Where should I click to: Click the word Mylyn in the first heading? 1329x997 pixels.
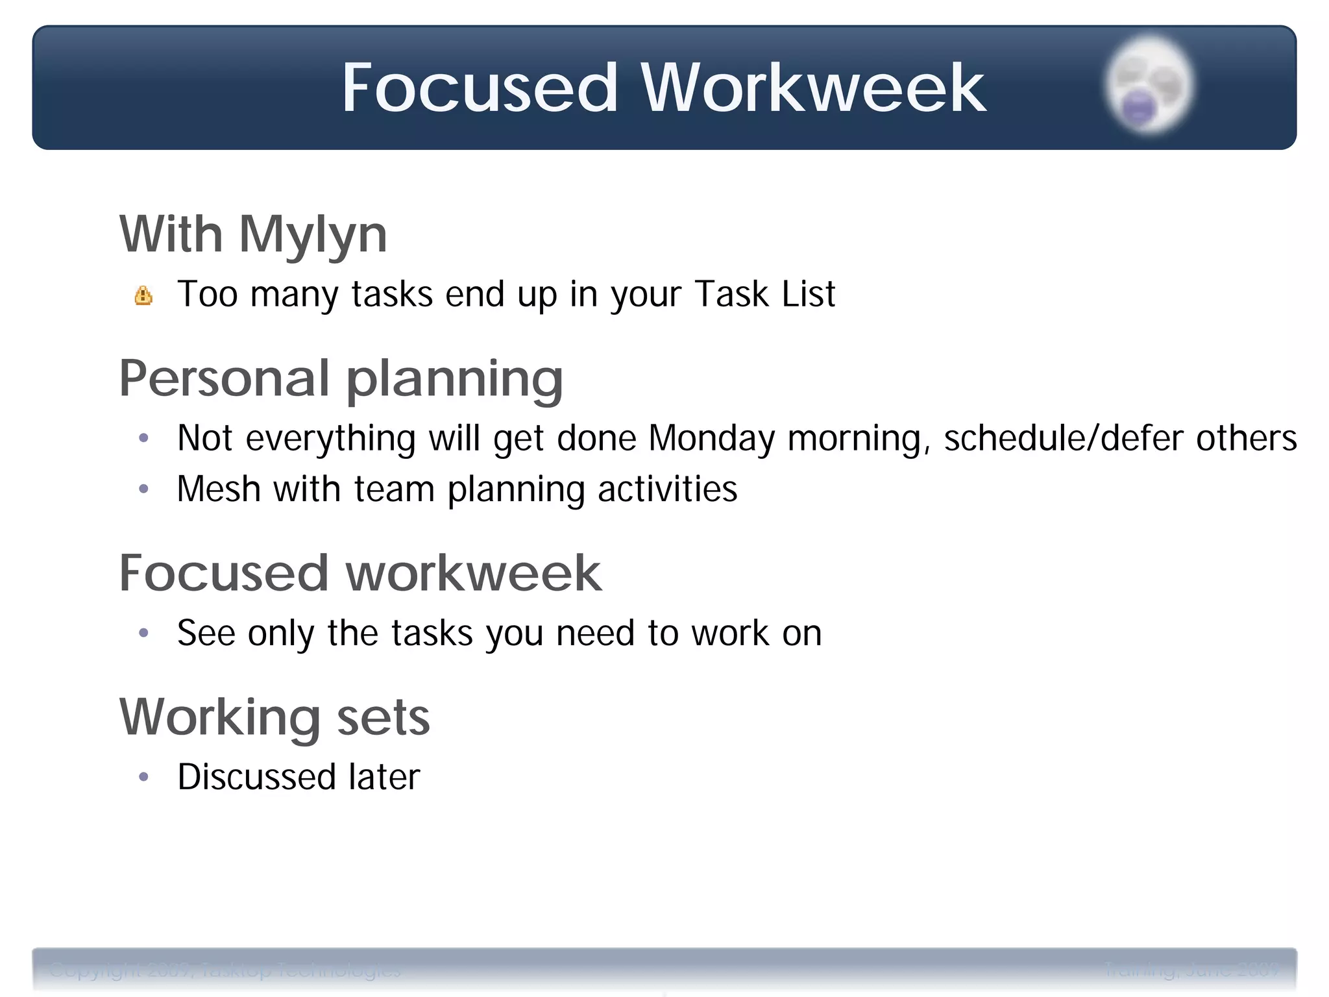click(313, 235)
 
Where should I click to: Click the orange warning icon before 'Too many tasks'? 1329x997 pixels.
click(143, 296)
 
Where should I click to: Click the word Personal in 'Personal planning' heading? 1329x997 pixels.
click(225, 378)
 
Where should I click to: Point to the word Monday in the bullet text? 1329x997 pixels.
click(711, 438)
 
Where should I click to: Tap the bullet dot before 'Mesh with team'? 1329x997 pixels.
click(144, 489)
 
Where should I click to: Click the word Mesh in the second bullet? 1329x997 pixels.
click(218, 489)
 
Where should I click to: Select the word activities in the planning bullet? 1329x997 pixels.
click(667, 489)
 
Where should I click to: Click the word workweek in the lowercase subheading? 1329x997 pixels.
click(474, 573)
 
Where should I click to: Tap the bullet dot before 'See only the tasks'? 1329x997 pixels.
click(144, 633)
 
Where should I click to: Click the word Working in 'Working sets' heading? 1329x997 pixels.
click(220, 717)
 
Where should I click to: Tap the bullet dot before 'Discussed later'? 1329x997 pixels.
click(144, 777)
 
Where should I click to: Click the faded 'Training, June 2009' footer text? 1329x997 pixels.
click(1191, 970)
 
